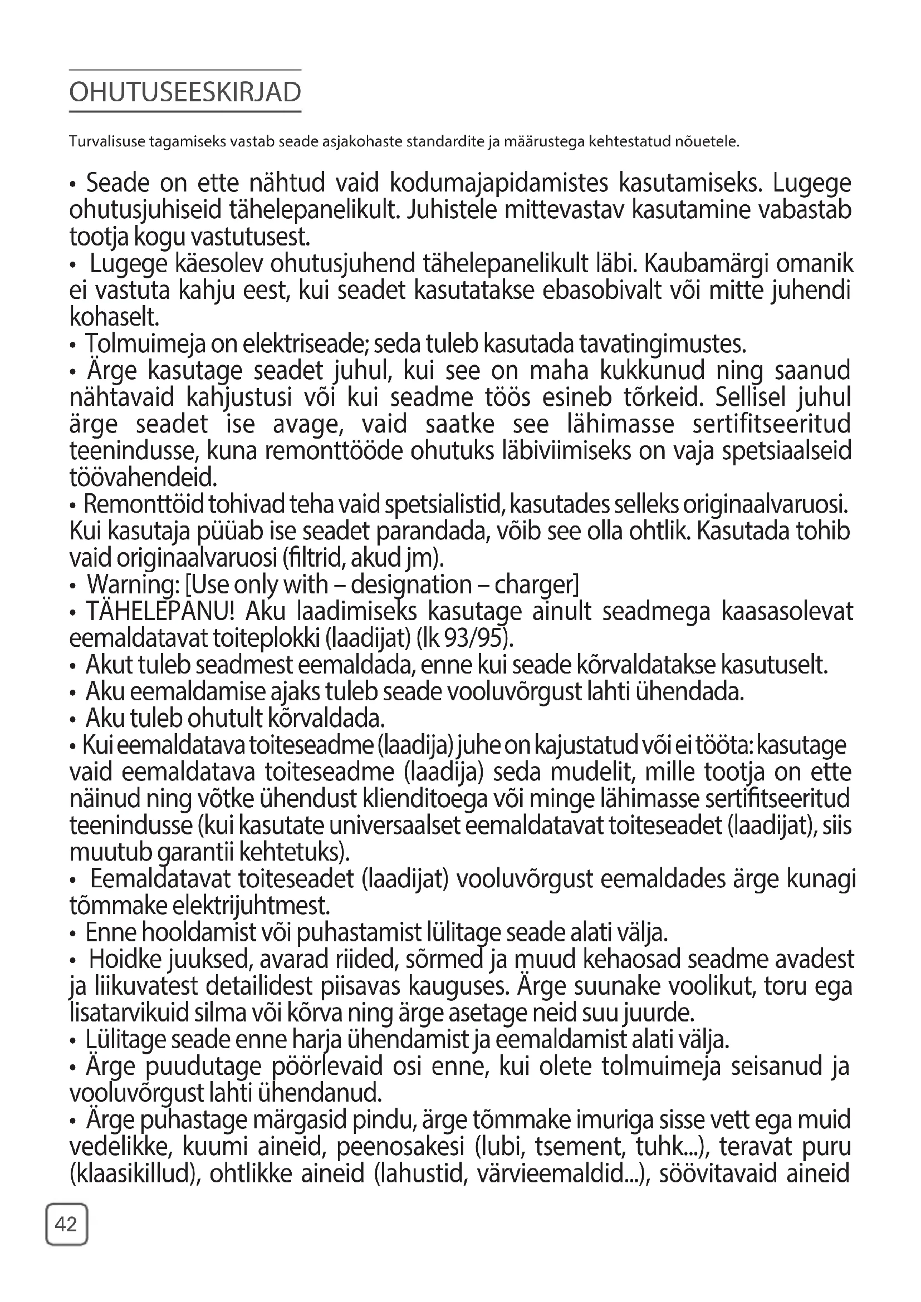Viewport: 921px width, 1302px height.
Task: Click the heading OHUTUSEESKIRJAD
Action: [x=185, y=92]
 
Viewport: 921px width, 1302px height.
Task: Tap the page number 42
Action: [x=66, y=1225]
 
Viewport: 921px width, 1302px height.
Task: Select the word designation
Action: [x=411, y=585]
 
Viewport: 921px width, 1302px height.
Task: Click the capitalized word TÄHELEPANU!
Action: [x=160, y=612]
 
